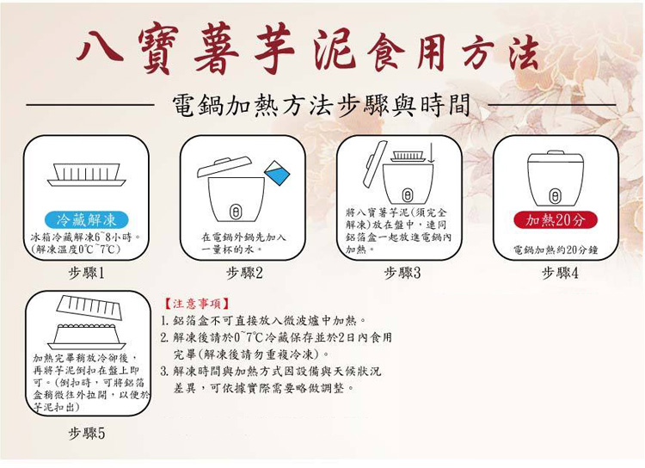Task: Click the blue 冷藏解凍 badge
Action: click(86, 219)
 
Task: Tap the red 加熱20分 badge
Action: click(556, 219)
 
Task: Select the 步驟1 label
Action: click(86, 273)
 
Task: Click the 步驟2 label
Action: click(244, 273)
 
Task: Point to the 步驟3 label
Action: click(402, 273)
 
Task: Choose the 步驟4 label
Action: click(560, 273)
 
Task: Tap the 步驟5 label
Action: click(86, 433)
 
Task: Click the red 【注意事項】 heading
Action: click(195, 304)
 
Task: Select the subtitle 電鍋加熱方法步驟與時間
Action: click(321, 106)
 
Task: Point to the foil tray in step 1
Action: click(86, 176)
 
